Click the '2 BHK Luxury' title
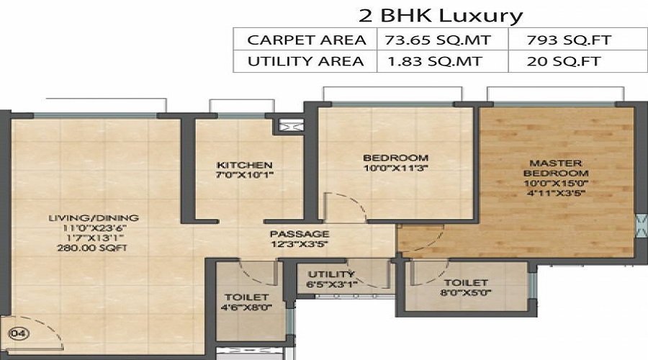click(440, 16)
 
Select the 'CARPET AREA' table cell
click(306, 40)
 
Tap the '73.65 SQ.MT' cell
click(438, 40)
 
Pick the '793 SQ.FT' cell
click(569, 40)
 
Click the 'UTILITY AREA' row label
click(306, 61)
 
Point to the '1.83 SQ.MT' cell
click(435, 61)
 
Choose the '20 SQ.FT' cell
click(564, 61)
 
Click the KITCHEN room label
click(245, 165)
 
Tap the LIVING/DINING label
click(94, 218)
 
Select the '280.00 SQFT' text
click(92, 248)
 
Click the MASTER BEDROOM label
click(556, 168)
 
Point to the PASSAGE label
click(300, 234)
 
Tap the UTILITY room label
click(331, 274)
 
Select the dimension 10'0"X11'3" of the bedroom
click(395, 168)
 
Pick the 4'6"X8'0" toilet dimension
click(246, 307)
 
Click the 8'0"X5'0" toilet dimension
click(466, 292)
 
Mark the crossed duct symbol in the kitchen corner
click(287, 125)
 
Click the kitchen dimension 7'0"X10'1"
click(245, 175)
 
